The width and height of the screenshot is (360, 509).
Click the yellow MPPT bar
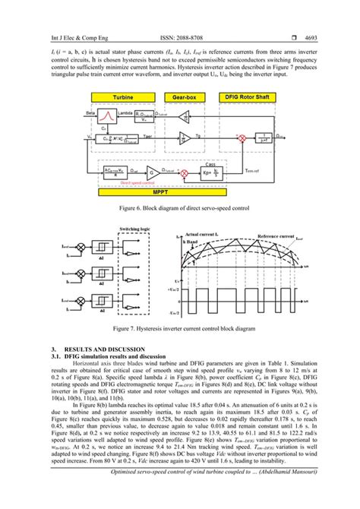click(x=180, y=192)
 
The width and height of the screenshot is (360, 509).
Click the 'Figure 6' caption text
click(x=179, y=207)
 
